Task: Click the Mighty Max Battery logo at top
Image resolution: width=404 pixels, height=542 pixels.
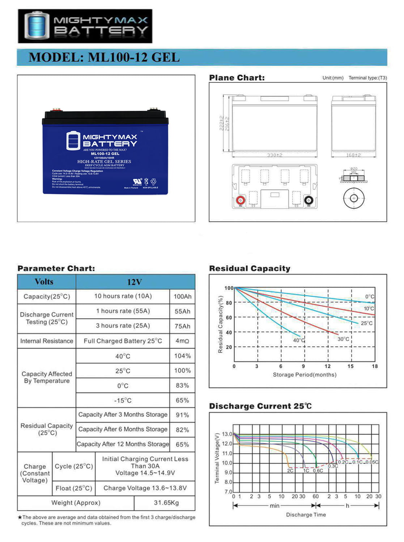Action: [85, 26]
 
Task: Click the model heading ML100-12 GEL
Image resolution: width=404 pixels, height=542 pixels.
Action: [104, 57]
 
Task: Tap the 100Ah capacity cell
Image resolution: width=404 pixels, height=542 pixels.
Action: [182, 296]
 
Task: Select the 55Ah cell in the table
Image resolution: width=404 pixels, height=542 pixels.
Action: [182, 311]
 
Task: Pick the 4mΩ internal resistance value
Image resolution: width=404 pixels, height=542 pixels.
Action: [182, 341]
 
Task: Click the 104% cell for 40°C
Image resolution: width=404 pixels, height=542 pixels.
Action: [182, 356]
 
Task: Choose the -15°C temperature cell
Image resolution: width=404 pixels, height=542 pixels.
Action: [123, 400]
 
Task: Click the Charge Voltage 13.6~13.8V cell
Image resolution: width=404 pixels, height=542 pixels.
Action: [145, 488]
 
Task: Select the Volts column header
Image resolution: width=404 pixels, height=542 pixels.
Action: [44, 281]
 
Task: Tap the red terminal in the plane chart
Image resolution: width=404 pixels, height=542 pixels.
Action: [241, 200]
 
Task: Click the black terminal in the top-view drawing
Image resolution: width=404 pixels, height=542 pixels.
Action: [309, 200]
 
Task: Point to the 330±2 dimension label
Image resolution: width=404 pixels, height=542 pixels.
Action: [275, 155]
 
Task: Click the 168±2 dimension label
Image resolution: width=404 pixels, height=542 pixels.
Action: [353, 155]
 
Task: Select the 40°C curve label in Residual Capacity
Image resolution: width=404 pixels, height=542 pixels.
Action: [299, 340]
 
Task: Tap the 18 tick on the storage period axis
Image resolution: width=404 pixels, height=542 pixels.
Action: [375, 366]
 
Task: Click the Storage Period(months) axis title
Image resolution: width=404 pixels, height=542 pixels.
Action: [305, 375]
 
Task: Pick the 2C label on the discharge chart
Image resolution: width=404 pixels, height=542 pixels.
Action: [290, 471]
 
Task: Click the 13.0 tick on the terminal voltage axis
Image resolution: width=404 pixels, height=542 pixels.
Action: [227, 434]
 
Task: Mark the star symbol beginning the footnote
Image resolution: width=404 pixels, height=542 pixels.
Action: [20, 517]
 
